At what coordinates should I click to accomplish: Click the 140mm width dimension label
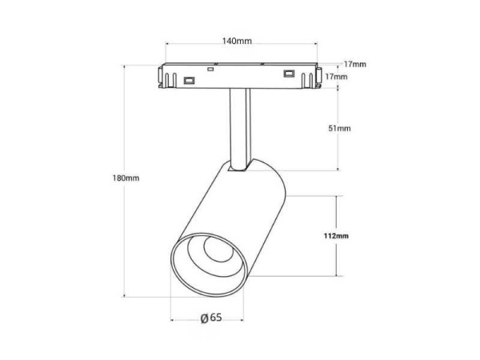237,41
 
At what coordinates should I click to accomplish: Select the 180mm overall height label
126,178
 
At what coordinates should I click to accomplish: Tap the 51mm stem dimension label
339,128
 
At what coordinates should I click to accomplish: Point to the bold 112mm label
336,236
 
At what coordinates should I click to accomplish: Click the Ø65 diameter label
211,318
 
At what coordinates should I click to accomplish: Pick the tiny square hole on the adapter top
210,69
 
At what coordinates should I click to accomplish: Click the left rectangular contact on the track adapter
189,81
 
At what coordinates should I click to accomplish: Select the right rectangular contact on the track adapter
289,74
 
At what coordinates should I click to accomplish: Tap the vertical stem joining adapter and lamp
240,129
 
